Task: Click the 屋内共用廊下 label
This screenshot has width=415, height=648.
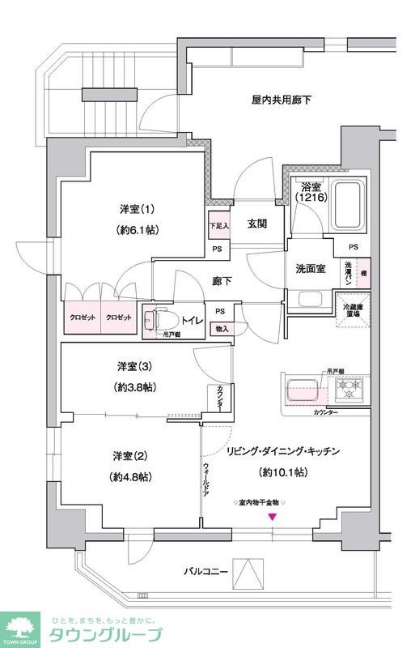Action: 281,100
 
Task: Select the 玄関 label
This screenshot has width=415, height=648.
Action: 258,224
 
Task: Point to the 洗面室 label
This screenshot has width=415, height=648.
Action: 311,269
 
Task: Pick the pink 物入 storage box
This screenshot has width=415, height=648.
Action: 221,329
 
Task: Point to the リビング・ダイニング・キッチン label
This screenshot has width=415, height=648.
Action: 282,450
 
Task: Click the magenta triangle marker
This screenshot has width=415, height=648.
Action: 272,518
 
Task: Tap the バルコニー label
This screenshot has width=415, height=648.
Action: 205,573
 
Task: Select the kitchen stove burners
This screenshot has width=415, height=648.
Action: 351,386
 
